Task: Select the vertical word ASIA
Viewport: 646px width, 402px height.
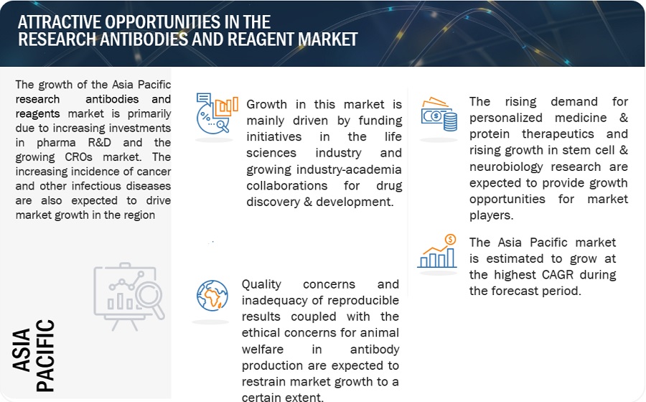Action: (x=22, y=350)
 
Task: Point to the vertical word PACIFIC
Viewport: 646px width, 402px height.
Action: (x=45, y=355)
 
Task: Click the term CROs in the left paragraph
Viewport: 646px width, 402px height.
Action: (x=78, y=157)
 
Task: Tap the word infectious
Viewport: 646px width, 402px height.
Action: (x=97, y=186)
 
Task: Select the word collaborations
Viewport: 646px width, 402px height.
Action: (x=286, y=186)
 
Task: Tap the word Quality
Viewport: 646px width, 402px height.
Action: (x=261, y=284)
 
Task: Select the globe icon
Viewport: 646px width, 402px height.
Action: (x=212, y=295)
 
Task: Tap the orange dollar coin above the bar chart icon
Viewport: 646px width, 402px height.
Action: (x=450, y=239)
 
